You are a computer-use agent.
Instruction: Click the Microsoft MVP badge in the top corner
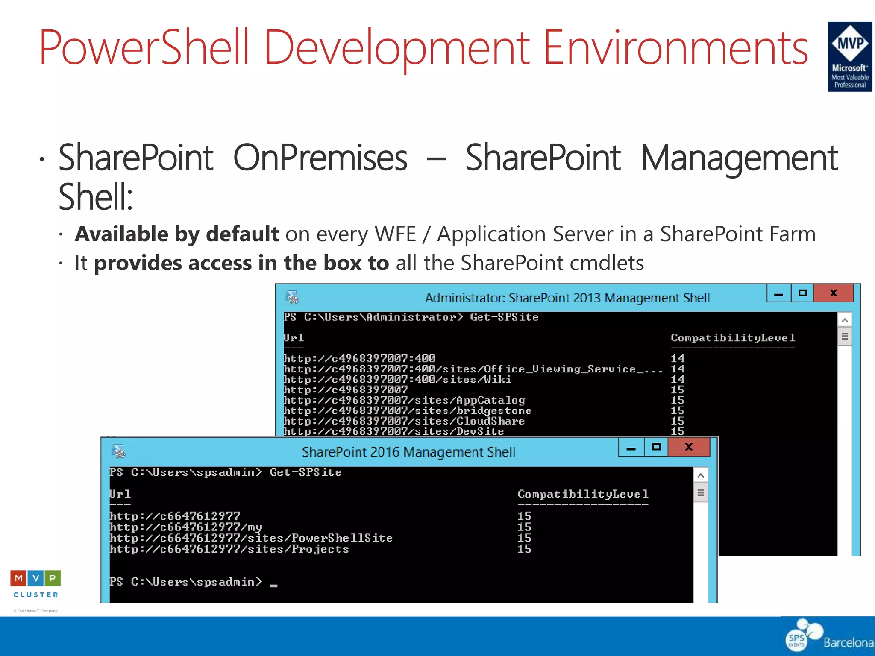pos(849,56)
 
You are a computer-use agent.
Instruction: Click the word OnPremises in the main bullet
pos(320,158)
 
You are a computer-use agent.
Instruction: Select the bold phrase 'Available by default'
pos(177,234)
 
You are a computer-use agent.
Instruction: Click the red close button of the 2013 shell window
pos(833,293)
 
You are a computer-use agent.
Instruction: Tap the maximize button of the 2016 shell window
pos(656,447)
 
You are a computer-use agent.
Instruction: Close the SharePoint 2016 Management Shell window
pos(688,447)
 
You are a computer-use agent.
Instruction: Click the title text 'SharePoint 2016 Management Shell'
pos(408,452)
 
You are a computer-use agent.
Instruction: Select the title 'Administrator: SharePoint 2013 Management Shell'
pos(567,298)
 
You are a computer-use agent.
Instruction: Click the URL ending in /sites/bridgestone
pos(408,411)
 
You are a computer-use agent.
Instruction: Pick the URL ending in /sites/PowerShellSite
pos(251,538)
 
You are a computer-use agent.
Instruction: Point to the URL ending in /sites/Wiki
pos(397,379)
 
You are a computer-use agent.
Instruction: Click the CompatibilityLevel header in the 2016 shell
pos(583,494)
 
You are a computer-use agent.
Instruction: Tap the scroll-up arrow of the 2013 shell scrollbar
pos(844,320)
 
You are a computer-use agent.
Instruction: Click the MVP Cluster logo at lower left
pos(35,584)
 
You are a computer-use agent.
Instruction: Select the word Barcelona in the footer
pos(848,642)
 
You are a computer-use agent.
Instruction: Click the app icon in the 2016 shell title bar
pos(118,451)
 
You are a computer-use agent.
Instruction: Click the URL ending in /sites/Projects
pos(229,549)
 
